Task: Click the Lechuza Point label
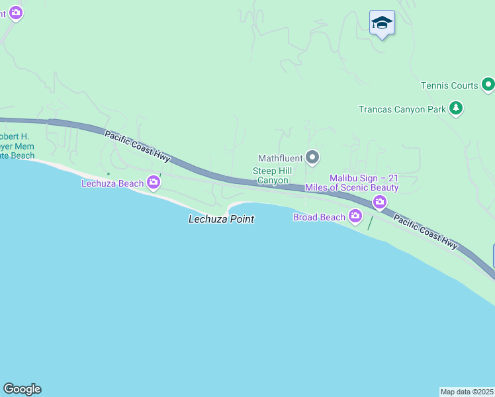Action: (221, 219)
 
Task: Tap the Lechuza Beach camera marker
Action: (154, 182)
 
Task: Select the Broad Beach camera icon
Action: (356, 216)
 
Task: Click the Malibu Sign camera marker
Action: (380, 201)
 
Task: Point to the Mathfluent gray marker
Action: (313, 157)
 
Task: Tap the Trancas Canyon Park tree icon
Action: (455, 108)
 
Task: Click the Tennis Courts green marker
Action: (488, 85)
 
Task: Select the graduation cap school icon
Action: (382, 23)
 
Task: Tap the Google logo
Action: (22, 389)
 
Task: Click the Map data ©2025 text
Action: (467, 392)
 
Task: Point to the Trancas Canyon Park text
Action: (402, 109)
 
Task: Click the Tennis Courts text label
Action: (449, 85)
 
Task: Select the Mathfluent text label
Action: (280, 158)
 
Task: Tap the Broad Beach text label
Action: (320, 217)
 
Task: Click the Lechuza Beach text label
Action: (112, 183)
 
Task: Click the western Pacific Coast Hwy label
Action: (137, 144)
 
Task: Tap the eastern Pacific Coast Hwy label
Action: (425, 232)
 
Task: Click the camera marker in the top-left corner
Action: (16, 12)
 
